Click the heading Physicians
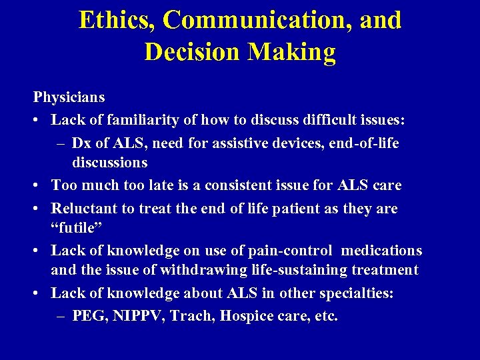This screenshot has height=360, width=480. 69,97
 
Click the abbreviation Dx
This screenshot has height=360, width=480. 82,143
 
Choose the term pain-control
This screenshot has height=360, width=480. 291,251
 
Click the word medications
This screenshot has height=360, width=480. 382,251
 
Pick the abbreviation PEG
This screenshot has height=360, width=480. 86,315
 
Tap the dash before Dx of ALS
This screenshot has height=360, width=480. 61,143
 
